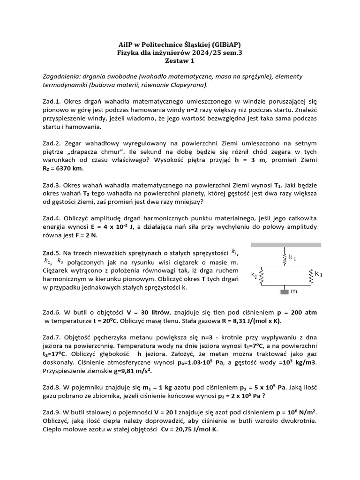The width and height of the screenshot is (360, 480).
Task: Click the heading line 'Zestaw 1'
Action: (x=180, y=60)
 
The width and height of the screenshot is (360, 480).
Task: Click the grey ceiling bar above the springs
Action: (x=286, y=245)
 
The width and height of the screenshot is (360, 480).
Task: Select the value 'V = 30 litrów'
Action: (x=151, y=313)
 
